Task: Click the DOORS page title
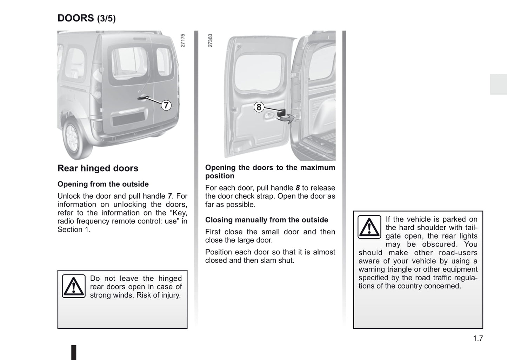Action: click(x=76, y=18)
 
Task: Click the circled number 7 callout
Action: click(x=166, y=105)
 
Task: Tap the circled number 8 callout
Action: click(x=259, y=107)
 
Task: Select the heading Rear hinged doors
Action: click(x=98, y=168)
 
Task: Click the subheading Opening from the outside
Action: click(x=103, y=184)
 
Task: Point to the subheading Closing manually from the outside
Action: click(x=267, y=220)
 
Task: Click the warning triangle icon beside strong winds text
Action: click(x=74, y=286)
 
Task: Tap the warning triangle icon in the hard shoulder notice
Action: click(x=369, y=227)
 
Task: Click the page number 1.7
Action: click(x=478, y=339)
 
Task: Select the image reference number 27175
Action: click(x=182, y=41)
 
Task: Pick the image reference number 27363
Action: click(x=210, y=41)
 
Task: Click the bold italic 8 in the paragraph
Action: click(x=298, y=188)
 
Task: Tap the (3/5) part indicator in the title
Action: click(x=106, y=19)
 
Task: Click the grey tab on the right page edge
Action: click(x=498, y=84)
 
